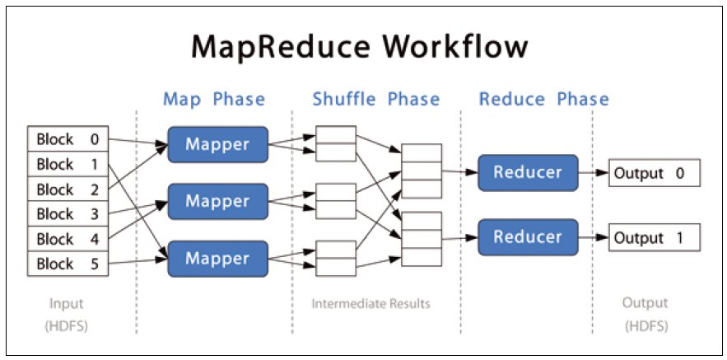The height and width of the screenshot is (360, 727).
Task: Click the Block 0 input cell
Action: point(68,138)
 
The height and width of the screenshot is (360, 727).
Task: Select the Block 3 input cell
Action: point(68,214)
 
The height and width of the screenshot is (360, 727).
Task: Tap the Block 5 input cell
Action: point(68,264)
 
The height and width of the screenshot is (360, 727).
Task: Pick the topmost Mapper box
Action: point(218,145)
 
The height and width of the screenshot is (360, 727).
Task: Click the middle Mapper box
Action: point(218,201)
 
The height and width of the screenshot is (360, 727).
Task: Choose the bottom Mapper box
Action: point(218,259)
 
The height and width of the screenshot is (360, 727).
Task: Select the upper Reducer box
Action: point(528,172)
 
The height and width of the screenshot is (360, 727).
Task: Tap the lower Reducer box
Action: point(528,237)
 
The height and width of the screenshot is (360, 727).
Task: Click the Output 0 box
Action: point(655,174)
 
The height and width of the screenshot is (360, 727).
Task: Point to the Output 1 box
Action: point(655,238)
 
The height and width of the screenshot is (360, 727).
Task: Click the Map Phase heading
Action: point(214,100)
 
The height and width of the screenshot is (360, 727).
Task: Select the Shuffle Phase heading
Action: point(376,100)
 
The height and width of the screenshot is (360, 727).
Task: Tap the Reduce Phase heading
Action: point(544,100)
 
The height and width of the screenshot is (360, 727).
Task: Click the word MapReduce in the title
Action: point(281,46)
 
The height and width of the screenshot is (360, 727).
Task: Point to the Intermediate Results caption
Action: point(371,304)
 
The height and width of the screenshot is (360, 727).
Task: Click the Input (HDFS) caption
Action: point(67,315)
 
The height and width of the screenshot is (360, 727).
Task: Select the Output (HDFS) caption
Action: point(645,315)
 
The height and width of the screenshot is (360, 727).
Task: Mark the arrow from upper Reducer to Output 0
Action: point(594,173)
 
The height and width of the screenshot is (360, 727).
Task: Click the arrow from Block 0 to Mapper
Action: point(138,143)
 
